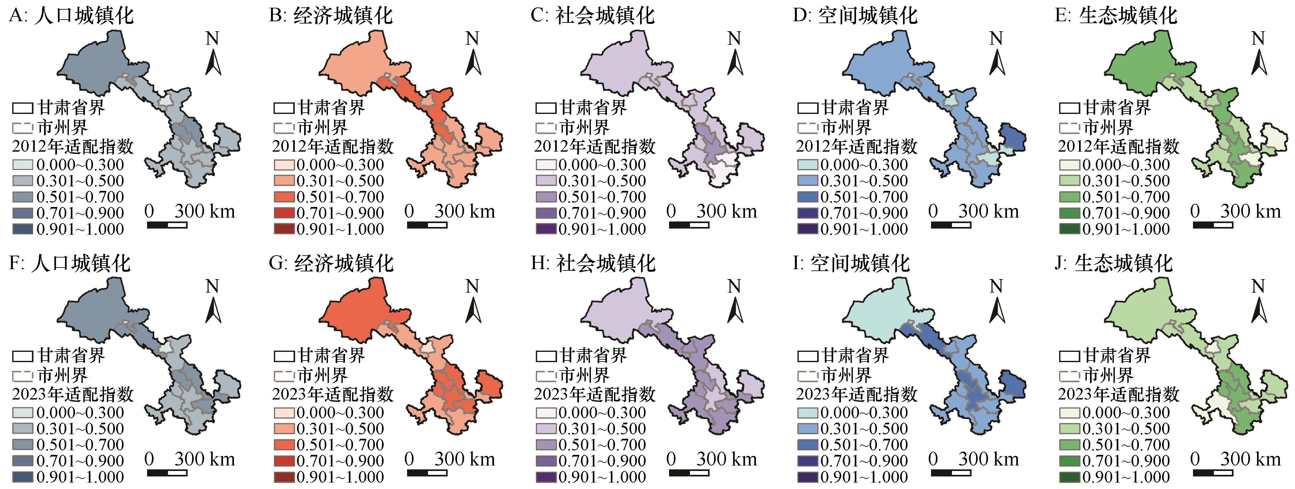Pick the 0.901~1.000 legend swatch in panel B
click(284, 229)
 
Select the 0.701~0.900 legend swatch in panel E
click(1069, 213)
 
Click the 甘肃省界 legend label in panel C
click(593, 107)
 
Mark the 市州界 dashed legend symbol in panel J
click(1069, 375)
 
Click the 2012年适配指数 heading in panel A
click(73, 146)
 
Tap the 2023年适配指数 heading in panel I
click(857, 394)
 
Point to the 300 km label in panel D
click(988, 211)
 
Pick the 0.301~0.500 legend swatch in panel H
click(546, 428)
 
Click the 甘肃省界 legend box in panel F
click(23, 356)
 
